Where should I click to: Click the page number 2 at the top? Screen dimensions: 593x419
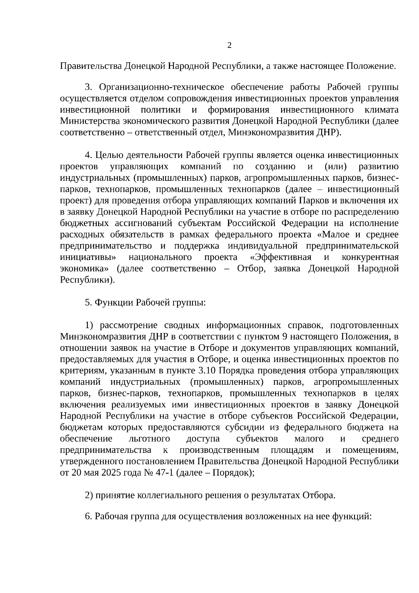pyautogui.click(x=229, y=45)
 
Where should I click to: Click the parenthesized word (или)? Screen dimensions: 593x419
pyautogui.click(x=337, y=166)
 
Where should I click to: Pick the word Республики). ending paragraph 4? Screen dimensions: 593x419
pyautogui.click(x=87, y=280)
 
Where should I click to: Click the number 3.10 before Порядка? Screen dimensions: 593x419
pyautogui.click(x=208, y=371)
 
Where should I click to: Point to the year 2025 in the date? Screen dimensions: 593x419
pyautogui.click(x=110, y=473)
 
